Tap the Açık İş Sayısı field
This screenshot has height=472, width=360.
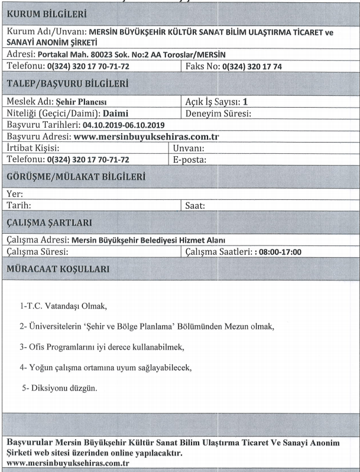(216, 102)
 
